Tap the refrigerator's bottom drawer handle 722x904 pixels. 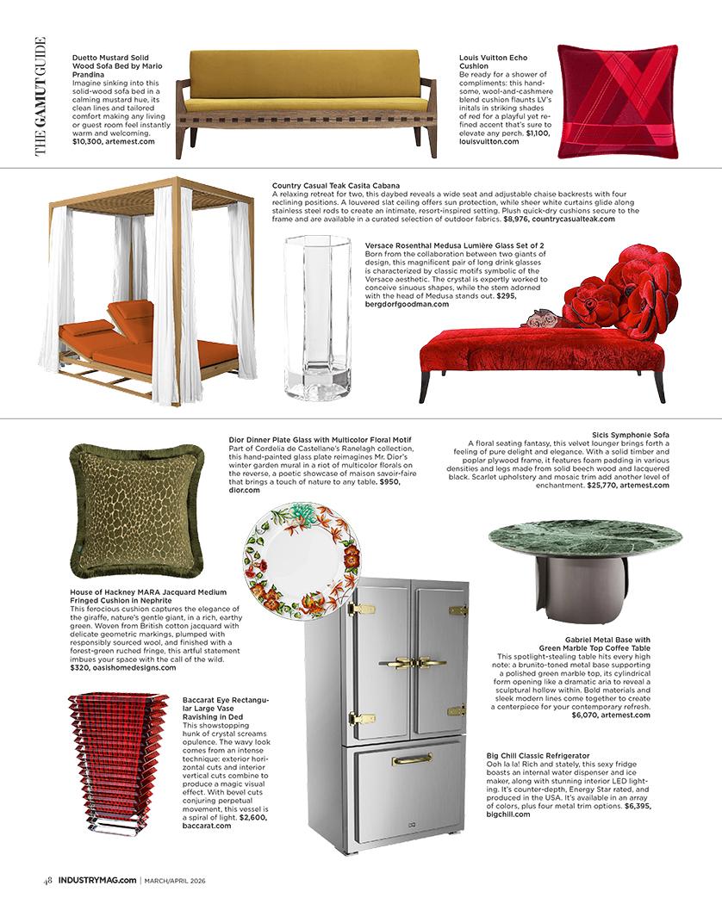412,758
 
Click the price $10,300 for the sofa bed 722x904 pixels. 93,141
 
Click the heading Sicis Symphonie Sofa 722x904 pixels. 631,433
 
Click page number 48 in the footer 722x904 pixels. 49,879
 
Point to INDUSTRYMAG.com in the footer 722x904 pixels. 96,879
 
